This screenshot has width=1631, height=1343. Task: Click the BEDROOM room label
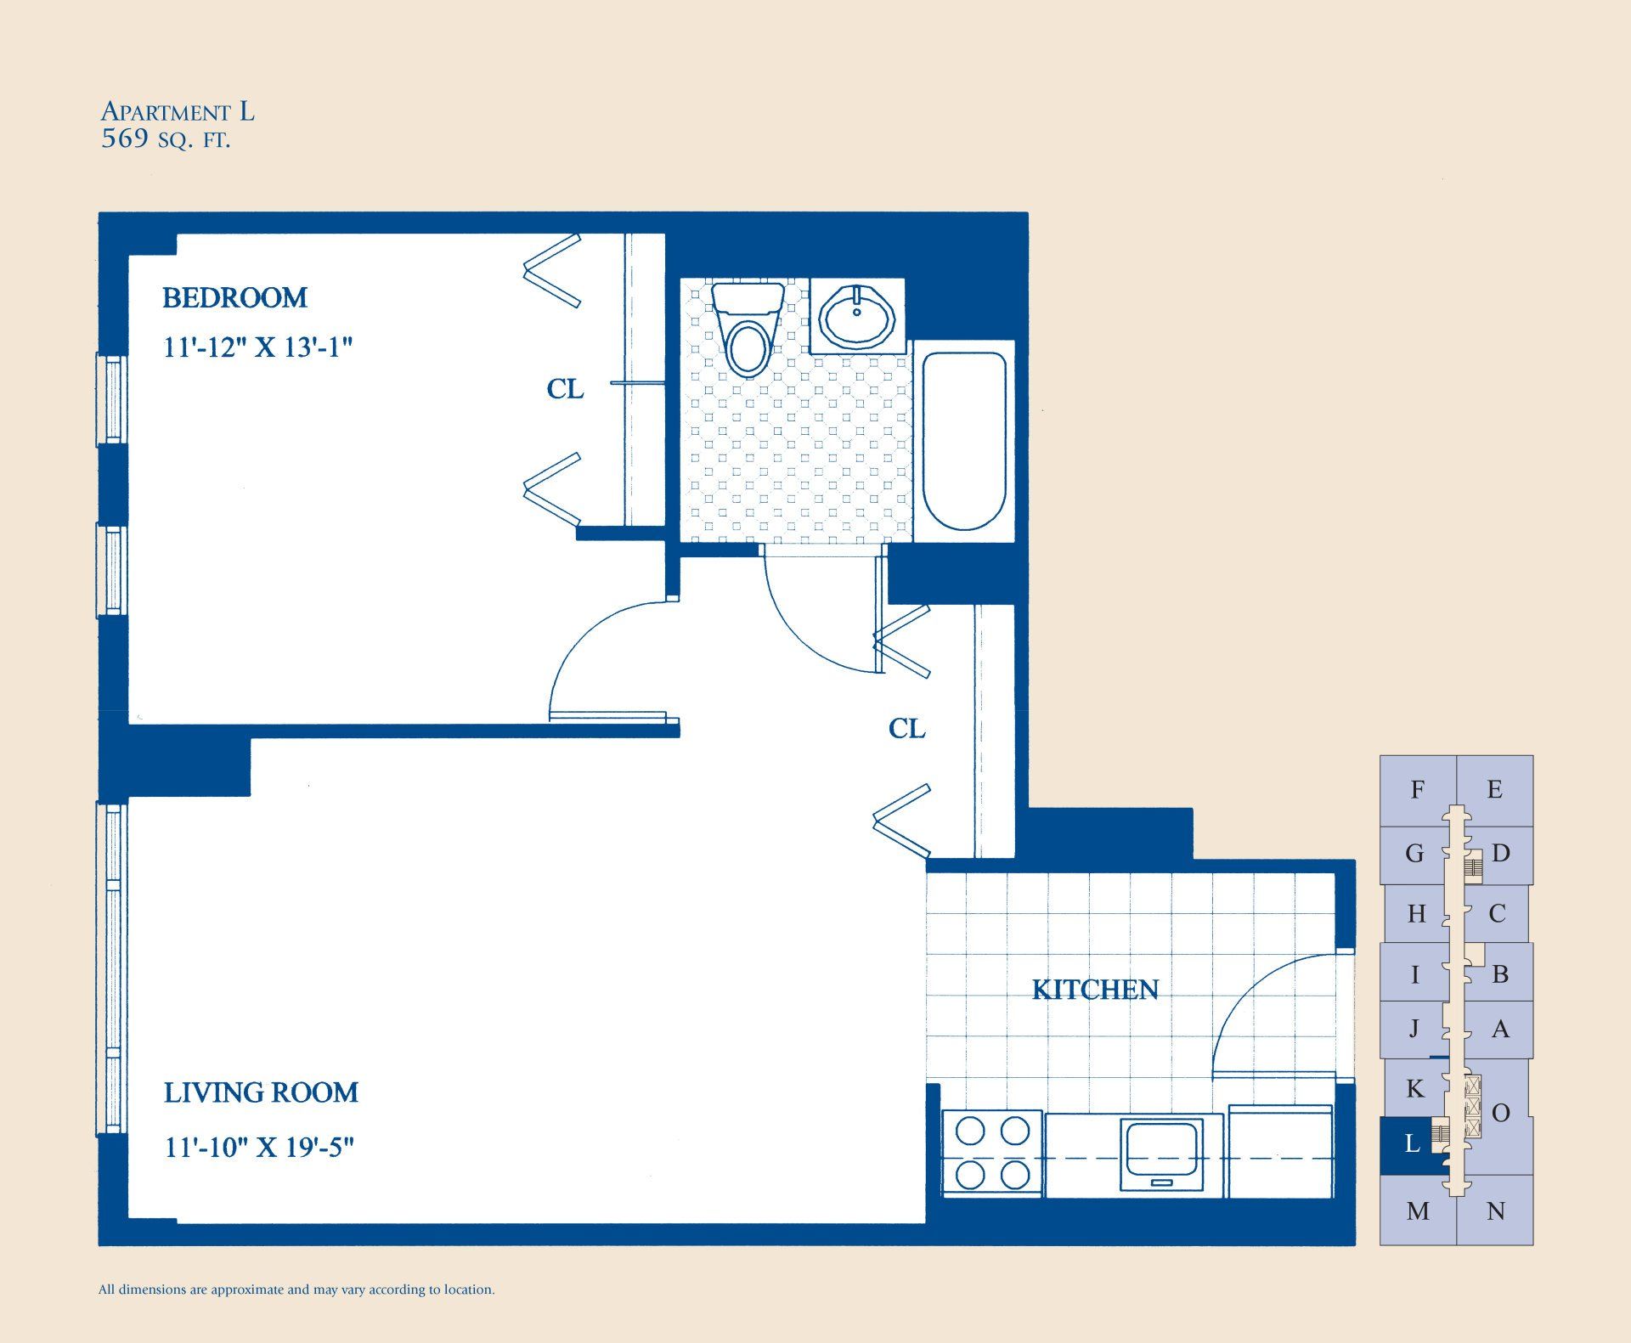(x=234, y=297)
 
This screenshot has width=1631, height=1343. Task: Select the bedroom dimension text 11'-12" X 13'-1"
(x=257, y=347)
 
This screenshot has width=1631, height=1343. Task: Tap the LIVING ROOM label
(x=261, y=1092)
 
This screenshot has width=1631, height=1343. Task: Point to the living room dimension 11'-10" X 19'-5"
(x=259, y=1148)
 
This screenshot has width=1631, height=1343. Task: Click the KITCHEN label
(x=1095, y=990)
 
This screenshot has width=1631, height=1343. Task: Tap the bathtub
(x=964, y=440)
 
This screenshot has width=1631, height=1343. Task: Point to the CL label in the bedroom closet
(x=565, y=389)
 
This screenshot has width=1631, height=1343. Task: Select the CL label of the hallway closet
(x=906, y=729)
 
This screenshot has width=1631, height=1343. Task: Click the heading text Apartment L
(x=178, y=111)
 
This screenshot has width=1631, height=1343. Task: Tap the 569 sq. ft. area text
(x=166, y=138)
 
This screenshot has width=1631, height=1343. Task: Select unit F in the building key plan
(x=1417, y=790)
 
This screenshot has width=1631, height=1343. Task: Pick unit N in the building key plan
(x=1496, y=1211)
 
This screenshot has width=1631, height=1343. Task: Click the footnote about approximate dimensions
(x=296, y=1289)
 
